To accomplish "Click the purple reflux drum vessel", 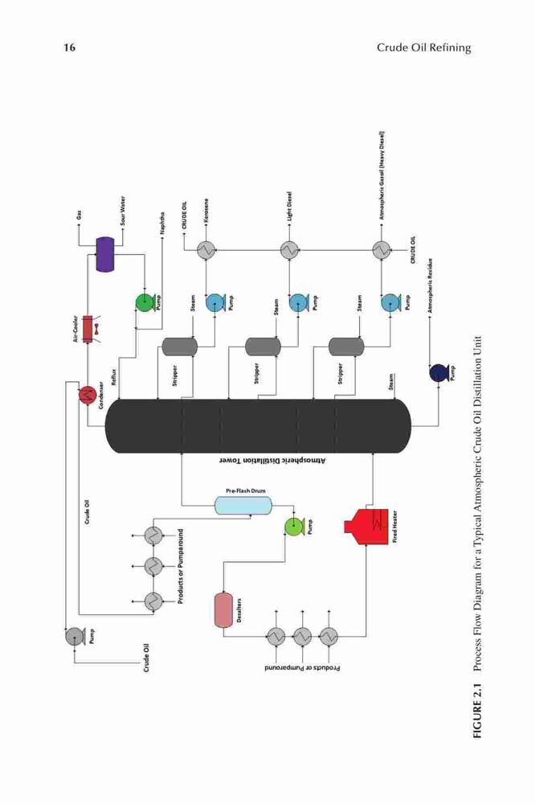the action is [105, 254].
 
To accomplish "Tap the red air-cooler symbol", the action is [87, 328].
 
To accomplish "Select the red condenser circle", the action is [88, 394].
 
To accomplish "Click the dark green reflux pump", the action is [145, 302].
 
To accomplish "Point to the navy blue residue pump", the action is [439, 373].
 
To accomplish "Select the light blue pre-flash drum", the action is [243, 506].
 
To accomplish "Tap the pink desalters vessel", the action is [223, 610].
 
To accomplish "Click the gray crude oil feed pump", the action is [75, 636].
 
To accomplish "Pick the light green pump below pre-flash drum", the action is [294, 526].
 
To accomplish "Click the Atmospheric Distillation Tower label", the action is [272, 461].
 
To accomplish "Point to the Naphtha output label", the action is [162, 223].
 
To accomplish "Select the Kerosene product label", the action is [206, 210].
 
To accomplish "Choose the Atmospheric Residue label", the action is [431, 285].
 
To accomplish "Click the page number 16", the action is [69, 47].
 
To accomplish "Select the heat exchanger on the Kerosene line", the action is [206, 250].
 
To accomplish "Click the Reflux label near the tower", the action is [114, 377].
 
